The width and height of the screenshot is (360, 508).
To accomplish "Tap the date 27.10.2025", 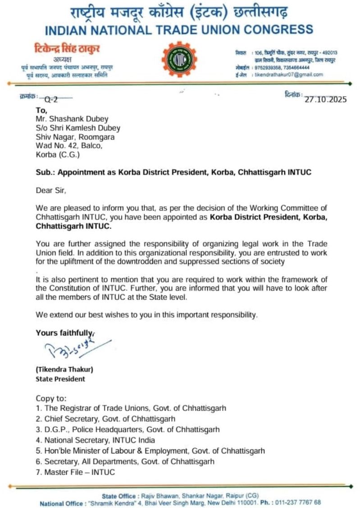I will [x=326, y=100].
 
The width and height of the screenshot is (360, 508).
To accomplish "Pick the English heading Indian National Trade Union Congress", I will [x=180, y=30].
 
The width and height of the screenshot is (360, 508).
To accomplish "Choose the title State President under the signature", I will [x=60, y=379].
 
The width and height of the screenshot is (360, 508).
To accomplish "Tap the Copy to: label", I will [x=50, y=399].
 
